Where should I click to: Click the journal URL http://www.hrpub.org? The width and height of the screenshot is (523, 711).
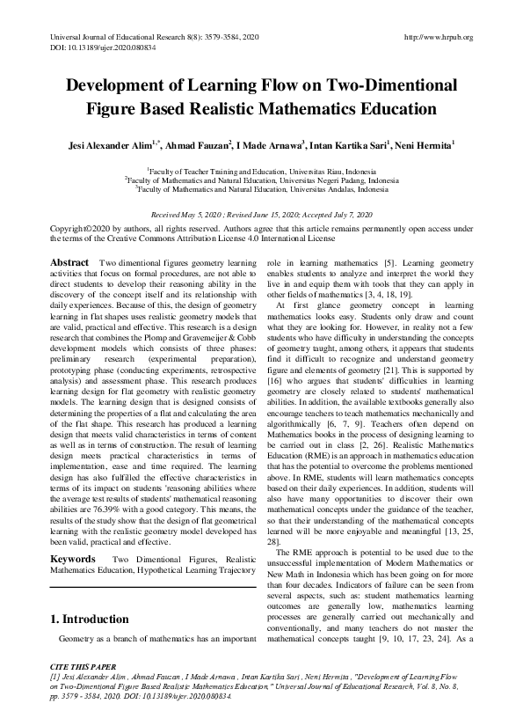pyautogui.click(x=438, y=37)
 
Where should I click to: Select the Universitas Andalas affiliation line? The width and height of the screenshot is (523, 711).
pyautogui.click(x=261, y=188)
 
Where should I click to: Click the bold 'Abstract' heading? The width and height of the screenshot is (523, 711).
pyautogui.click(x=69, y=263)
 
